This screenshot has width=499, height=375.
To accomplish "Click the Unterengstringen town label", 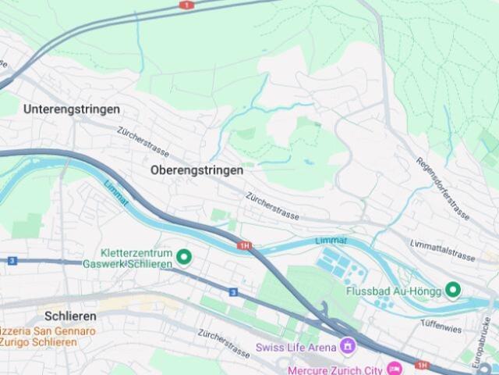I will tap(72, 109).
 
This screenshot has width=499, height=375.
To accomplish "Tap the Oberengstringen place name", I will tap(196, 170).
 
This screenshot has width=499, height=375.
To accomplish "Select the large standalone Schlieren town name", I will tap(70, 316).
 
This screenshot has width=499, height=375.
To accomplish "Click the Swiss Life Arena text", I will tap(296, 346).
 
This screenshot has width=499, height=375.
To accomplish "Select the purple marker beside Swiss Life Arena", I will tap(348, 345).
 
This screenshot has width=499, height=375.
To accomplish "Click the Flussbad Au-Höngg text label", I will tap(392, 291).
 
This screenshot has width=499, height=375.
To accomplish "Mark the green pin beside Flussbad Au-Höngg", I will tap(453, 291).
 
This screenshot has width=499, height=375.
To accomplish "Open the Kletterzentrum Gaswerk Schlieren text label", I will tap(136, 259).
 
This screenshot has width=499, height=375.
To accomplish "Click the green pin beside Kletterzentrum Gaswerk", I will tap(185, 256).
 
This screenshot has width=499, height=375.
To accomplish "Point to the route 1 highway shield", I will tap(186, 5).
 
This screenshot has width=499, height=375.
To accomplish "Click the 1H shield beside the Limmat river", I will tap(246, 246).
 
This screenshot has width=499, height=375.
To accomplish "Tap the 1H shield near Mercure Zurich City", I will tap(422, 365).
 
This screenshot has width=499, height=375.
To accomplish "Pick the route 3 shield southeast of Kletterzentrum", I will tap(233, 292).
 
